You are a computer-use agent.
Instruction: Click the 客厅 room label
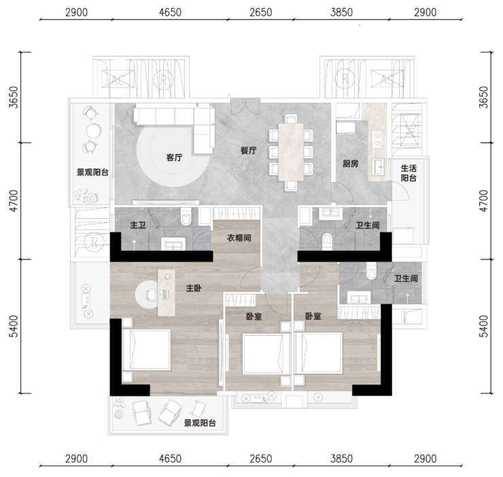pos(174,158)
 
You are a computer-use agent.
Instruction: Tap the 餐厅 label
pos(249,150)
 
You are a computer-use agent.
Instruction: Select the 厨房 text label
pos(350,164)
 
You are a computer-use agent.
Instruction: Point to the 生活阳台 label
pos(409,173)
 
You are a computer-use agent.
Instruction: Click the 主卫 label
pos(138,225)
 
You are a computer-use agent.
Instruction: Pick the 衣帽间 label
pos(239,238)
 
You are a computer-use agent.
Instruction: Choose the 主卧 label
pos(194,288)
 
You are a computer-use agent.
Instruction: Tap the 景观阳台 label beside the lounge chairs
pos(200,423)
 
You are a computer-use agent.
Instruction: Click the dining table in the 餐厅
pos(291,152)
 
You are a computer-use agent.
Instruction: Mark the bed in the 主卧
pos(146,350)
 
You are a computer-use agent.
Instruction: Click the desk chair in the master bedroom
pos(151,294)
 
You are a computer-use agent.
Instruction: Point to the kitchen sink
pos(378,166)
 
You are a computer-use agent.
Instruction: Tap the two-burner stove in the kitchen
pos(378,139)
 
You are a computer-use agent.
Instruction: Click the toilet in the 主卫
pos(186,216)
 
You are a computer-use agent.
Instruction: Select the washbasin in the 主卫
pos(173,244)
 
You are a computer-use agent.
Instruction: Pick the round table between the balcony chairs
pos(93,130)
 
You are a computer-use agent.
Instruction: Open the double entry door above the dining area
pos(245,107)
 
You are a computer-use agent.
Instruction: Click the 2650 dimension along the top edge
pos(261,12)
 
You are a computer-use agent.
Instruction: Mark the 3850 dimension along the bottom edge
pos(342,459)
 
